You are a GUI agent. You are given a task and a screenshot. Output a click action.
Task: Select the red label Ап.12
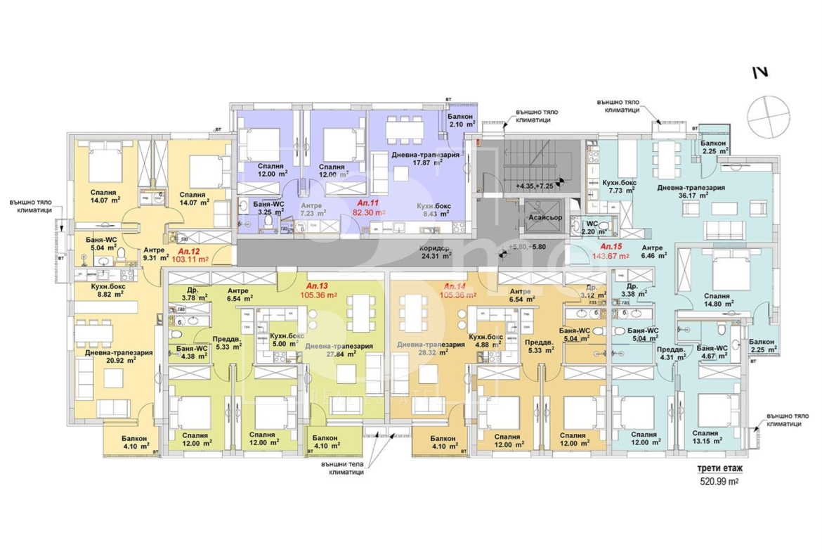[188, 251]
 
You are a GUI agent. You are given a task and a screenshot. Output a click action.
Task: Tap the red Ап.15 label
[612, 246]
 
